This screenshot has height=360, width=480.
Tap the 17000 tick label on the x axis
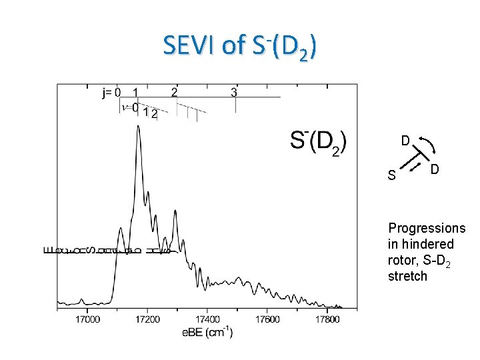coord(87,319)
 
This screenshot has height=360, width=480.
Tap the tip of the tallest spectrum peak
coord(138,127)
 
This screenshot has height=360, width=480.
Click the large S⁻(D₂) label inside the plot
coord(319,142)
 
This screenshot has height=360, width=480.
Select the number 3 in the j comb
coord(234,92)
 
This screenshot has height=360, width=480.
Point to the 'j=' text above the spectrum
coord(107,93)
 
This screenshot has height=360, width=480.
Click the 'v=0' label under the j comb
coord(130,107)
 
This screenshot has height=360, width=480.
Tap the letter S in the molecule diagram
coord(391,176)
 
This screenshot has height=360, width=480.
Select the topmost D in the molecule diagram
coord(405,141)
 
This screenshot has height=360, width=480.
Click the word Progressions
coord(427,228)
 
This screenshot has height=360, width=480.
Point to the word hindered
coord(421,244)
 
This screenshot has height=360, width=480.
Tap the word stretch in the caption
coord(407,276)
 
